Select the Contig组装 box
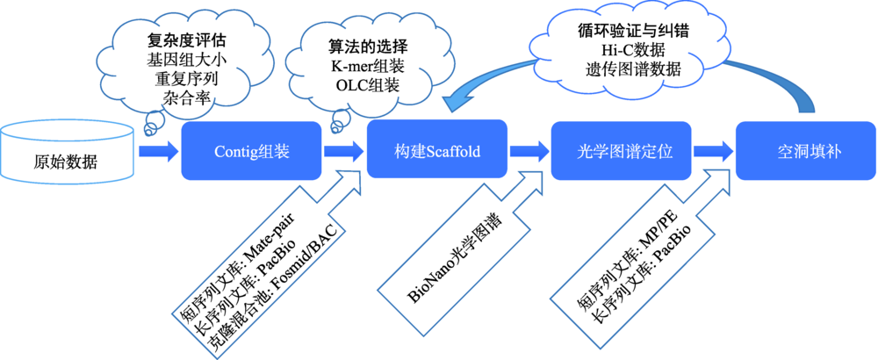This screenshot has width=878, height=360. click(251, 151)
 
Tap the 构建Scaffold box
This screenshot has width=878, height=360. click(436, 151)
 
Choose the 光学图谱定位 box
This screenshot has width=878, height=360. click(621, 151)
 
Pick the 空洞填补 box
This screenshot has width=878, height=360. click(805, 151)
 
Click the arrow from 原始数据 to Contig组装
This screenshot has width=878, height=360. click(158, 152)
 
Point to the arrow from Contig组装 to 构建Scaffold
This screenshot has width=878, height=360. click(344, 152)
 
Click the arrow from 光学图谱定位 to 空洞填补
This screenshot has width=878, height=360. click(713, 152)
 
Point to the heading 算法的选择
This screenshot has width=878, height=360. click(364, 46)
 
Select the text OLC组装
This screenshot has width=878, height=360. click(364, 84)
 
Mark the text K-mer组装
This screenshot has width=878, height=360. click(364, 65)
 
